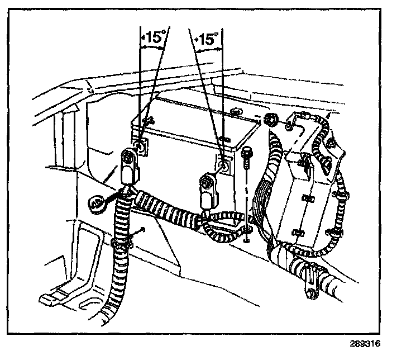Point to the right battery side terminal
click(x=224, y=165)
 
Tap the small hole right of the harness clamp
click(x=144, y=229)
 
